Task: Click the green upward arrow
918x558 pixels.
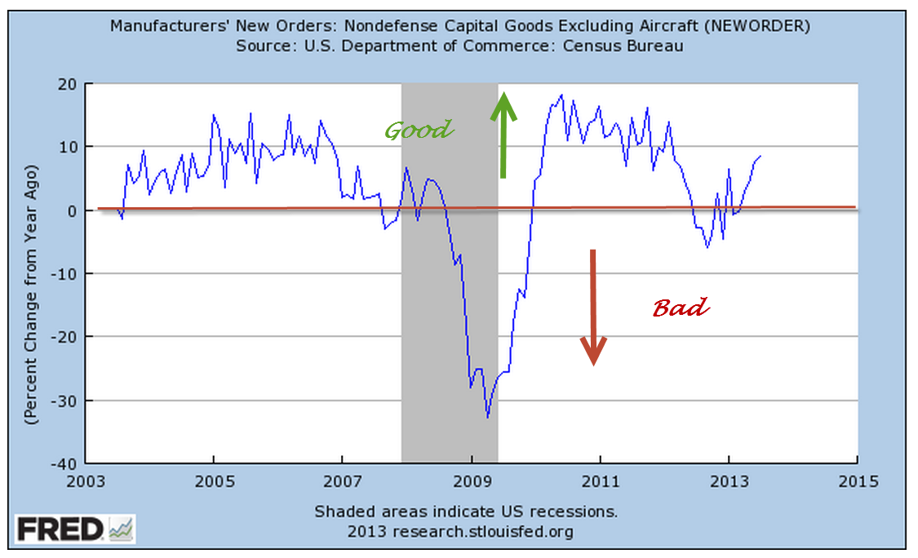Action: [x=503, y=135]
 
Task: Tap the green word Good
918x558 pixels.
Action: [x=418, y=131]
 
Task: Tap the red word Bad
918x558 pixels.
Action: [x=681, y=308]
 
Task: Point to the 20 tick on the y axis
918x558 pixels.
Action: [x=66, y=84]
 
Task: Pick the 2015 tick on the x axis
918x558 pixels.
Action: [x=857, y=481]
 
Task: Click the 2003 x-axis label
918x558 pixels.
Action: [x=86, y=481]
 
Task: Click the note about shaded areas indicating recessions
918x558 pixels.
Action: [x=466, y=512]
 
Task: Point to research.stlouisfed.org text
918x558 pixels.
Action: [x=482, y=532]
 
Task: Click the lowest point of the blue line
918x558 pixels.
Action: [x=487, y=418]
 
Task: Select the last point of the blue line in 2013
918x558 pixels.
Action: [x=761, y=156]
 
